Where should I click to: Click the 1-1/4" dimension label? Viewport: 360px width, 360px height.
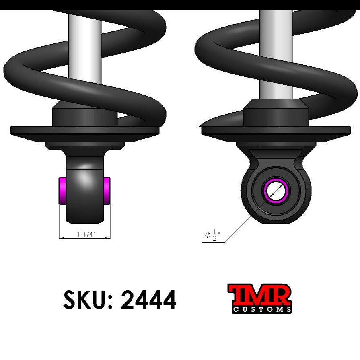(85, 234)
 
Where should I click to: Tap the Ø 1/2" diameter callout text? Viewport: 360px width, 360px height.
(213, 235)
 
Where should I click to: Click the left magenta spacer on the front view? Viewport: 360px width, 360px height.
(63, 190)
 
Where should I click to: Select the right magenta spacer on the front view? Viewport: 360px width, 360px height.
(107, 190)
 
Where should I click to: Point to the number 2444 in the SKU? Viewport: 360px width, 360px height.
(148, 300)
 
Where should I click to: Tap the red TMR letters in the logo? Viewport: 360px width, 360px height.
(259, 295)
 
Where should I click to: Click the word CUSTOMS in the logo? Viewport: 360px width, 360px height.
(262, 309)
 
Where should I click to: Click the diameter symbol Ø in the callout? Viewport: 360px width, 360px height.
(208, 235)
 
